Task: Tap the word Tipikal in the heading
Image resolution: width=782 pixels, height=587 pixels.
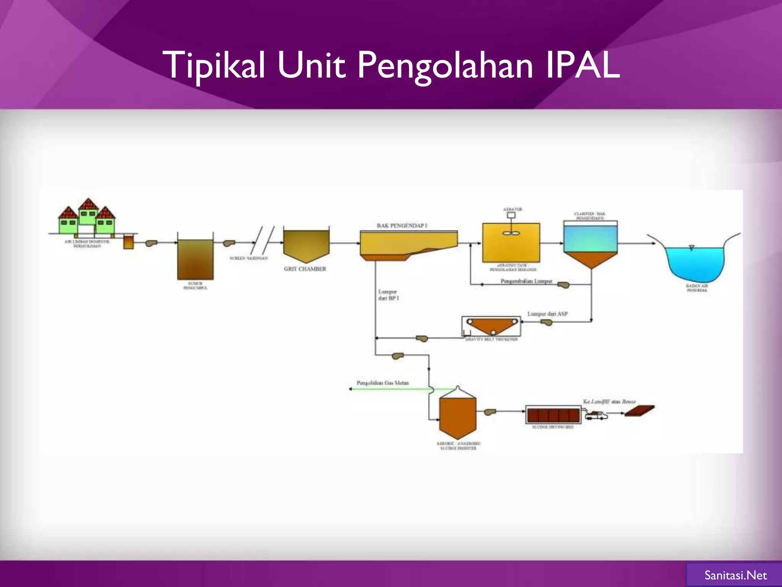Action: coord(214,66)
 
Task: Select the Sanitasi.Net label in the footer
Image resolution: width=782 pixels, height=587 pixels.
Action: coord(735,575)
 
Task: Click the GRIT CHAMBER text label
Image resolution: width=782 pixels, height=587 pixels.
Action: coord(305,269)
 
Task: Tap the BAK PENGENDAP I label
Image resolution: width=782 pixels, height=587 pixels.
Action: coord(402,225)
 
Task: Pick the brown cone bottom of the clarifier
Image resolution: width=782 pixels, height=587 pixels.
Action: coord(590,259)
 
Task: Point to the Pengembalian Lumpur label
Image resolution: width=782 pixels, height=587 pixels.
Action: coord(526,281)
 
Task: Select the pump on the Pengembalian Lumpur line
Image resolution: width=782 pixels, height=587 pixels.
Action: coord(563,285)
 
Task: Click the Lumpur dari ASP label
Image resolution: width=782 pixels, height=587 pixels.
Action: coord(548,314)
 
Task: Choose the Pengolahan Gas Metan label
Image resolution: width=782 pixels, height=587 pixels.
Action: coord(383,383)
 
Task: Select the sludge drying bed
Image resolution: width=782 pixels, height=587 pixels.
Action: coord(553,415)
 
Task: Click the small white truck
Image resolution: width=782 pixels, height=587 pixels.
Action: coord(596,415)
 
